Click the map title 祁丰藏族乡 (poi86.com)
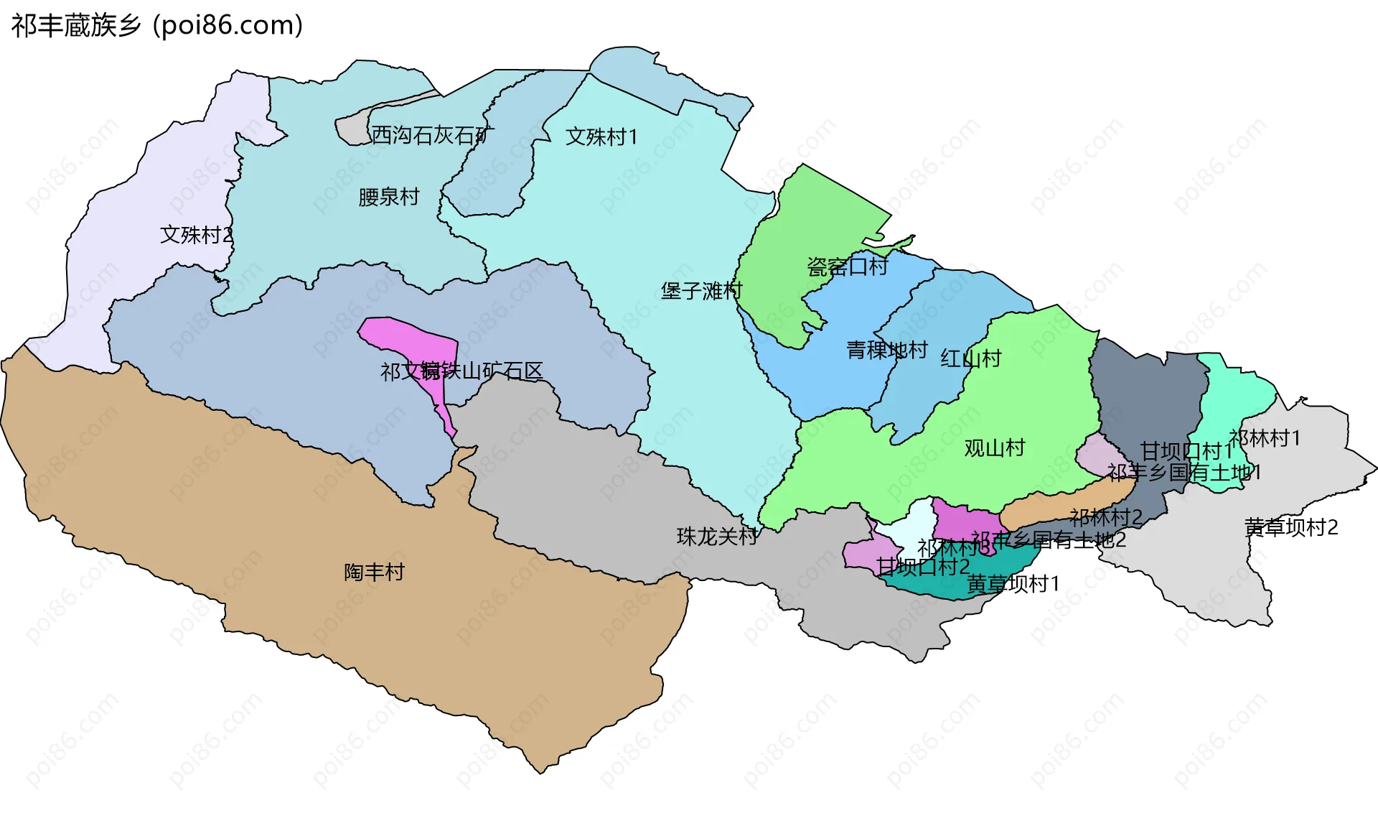157,26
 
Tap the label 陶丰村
374,572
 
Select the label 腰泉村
388,197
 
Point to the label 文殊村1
601,136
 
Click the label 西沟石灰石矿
432,135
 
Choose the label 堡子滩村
701,291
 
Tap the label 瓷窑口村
847,267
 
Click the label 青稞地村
887,351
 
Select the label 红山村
971,358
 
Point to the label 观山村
994,448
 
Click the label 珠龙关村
717,537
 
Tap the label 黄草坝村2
1291,528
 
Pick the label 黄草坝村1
1013,584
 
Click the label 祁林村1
1264,438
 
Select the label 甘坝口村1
1186,451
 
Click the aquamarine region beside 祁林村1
1234,402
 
